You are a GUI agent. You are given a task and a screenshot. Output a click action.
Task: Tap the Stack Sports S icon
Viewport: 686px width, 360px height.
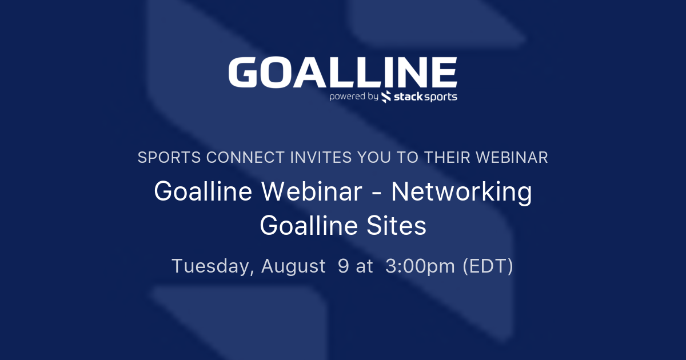click(386, 97)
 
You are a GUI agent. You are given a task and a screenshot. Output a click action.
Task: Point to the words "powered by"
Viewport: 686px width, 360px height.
click(353, 97)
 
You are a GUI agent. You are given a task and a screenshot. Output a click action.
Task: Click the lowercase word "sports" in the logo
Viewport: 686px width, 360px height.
click(442, 97)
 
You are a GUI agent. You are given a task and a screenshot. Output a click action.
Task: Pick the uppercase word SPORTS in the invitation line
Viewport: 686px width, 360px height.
click(169, 158)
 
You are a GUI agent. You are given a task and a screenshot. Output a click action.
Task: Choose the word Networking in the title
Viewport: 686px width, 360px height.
click(461, 192)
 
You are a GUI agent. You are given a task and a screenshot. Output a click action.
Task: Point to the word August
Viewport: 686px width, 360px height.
click(293, 267)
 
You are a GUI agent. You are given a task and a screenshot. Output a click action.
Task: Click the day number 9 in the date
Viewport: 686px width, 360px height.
click(343, 266)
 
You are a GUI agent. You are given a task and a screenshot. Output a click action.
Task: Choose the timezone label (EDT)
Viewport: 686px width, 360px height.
click(488, 267)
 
